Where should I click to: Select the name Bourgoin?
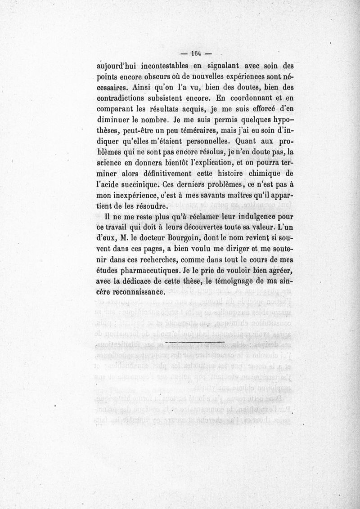(x=189, y=237)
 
